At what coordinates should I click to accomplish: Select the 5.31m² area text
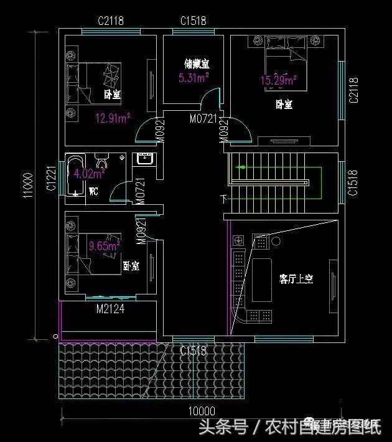point(193,78)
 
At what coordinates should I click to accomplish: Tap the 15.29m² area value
point(278,80)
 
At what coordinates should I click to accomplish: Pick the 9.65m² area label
point(104,246)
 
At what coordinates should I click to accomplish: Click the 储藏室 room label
point(196,63)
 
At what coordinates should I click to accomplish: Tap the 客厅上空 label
point(296,279)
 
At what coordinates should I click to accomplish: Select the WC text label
point(95,190)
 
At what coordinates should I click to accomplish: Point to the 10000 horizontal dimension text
point(201,411)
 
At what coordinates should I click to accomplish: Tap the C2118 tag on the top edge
point(111,21)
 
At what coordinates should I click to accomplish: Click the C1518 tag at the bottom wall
point(193,351)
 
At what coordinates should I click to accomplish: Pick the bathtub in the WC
point(80,175)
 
